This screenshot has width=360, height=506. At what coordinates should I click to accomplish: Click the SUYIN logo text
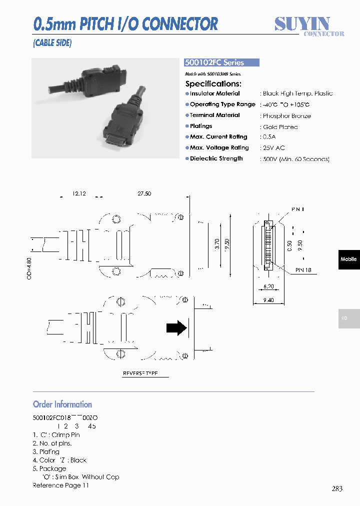click(302, 23)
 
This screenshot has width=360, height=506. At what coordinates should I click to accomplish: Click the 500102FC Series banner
click(222, 62)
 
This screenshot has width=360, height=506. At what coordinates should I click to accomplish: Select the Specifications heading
click(213, 83)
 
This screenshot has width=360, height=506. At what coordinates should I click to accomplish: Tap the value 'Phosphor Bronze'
click(286, 115)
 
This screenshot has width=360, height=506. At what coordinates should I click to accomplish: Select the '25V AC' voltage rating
click(274, 148)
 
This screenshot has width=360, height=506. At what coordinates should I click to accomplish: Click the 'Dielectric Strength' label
click(216, 158)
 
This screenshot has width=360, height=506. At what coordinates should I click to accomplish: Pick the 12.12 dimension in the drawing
click(79, 193)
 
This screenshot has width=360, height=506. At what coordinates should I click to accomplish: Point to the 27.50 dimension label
click(144, 193)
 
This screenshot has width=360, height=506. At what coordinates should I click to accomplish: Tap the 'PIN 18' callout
click(303, 270)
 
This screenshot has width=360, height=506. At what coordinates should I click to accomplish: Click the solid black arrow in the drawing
click(176, 328)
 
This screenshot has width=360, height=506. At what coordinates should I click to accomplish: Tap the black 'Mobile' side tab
click(348, 259)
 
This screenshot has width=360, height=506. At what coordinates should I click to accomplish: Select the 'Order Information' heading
click(62, 404)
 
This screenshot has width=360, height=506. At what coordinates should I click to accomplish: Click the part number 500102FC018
click(52, 417)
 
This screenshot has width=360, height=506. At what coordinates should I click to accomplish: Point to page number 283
click(337, 488)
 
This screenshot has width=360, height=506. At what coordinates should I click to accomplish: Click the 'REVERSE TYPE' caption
click(140, 373)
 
